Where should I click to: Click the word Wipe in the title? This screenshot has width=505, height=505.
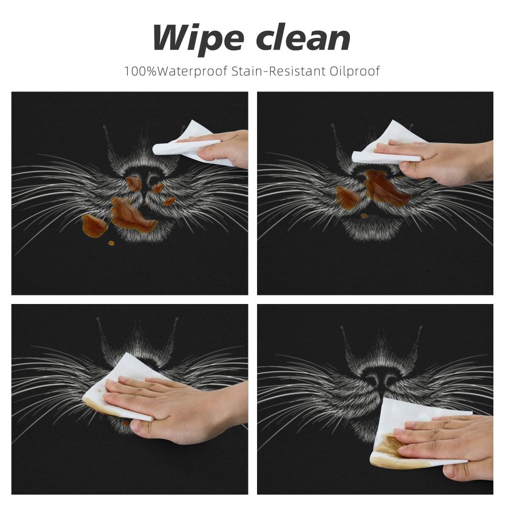click(x=197, y=38)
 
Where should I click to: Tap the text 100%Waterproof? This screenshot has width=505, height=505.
click(x=176, y=71)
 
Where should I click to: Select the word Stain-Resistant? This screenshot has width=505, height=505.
click(x=279, y=71)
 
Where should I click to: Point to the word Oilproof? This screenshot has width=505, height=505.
click(x=355, y=71)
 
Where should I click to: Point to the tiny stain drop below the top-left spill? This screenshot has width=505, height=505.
click(x=111, y=243)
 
